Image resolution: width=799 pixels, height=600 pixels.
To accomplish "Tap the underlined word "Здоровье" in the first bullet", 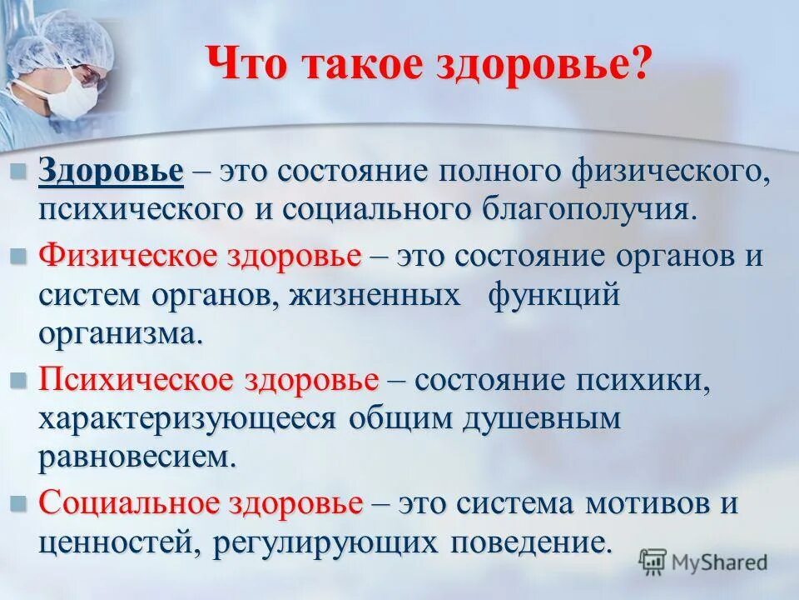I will pyautogui.click(x=110, y=172).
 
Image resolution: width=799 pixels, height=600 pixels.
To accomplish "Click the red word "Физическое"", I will pyautogui.click(x=127, y=255).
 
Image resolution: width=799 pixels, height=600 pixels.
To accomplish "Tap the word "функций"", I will pyautogui.click(x=554, y=295).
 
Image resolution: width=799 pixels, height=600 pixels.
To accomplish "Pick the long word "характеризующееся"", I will pyautogui.click(x=191, y=418).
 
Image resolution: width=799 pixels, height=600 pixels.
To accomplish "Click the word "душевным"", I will pyautogui.click(x=541, y=418).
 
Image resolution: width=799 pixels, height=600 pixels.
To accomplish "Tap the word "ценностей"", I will pyautogui.click(x=117, y=543).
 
